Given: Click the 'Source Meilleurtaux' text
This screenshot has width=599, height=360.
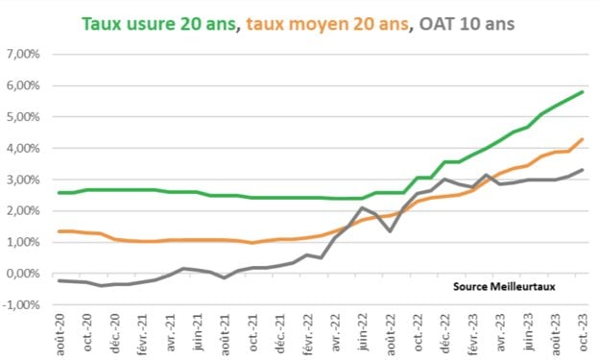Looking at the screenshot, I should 505,285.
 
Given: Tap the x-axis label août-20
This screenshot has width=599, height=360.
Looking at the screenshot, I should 60,332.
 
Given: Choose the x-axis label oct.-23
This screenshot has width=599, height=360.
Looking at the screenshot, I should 582,332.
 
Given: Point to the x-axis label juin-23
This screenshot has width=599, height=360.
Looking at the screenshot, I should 527,332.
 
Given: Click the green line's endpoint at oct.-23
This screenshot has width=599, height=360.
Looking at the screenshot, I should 583,92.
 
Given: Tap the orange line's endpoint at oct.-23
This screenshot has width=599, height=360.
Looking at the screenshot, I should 583,139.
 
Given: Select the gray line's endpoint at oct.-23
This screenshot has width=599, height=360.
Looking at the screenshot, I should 583,170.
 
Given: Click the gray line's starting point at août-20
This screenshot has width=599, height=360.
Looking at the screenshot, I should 59,280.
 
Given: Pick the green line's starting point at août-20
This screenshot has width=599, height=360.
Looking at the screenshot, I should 59,193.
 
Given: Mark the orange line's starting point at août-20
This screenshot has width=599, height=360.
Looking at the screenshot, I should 59,231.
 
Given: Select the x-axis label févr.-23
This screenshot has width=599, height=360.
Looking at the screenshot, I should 472,332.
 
